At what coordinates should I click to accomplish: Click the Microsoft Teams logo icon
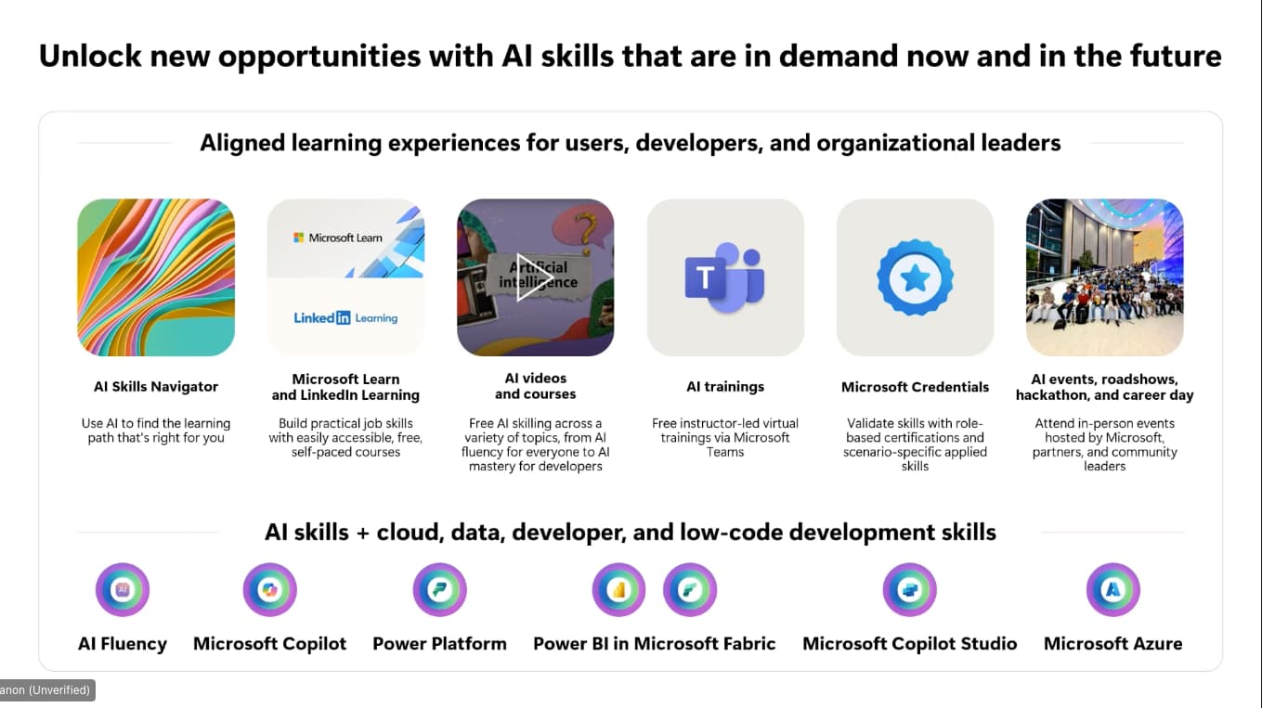(x=724, y=277)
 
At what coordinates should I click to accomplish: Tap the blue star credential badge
(x=915, y=277)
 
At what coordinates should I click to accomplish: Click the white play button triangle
(x=533, y=277)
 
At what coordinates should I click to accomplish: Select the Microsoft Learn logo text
(x=338, y=238)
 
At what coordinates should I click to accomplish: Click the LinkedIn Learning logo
(x=345, y=318)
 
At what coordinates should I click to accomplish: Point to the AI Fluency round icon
(x=123, y=589)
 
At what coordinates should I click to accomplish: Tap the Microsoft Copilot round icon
(x=270, y=589)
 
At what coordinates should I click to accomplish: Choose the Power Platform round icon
(x=439, y=589)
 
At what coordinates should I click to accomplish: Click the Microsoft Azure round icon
(x=1112, y=589)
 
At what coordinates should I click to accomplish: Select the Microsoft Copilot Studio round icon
(x=909, y=589)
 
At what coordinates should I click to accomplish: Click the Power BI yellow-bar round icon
(x=618, y=589)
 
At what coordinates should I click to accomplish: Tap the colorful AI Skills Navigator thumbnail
(x=156, y=277)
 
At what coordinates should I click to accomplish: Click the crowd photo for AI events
(x=1104, y=277)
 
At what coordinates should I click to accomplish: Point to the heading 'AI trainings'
(x=725, y=387)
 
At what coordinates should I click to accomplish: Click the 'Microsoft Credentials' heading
(x=915, y=387)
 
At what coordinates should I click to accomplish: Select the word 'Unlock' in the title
(x=89, y=56)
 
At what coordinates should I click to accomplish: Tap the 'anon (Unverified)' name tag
(x=46, y=690)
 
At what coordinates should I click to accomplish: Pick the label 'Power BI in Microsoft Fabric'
(x=654, y=643)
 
